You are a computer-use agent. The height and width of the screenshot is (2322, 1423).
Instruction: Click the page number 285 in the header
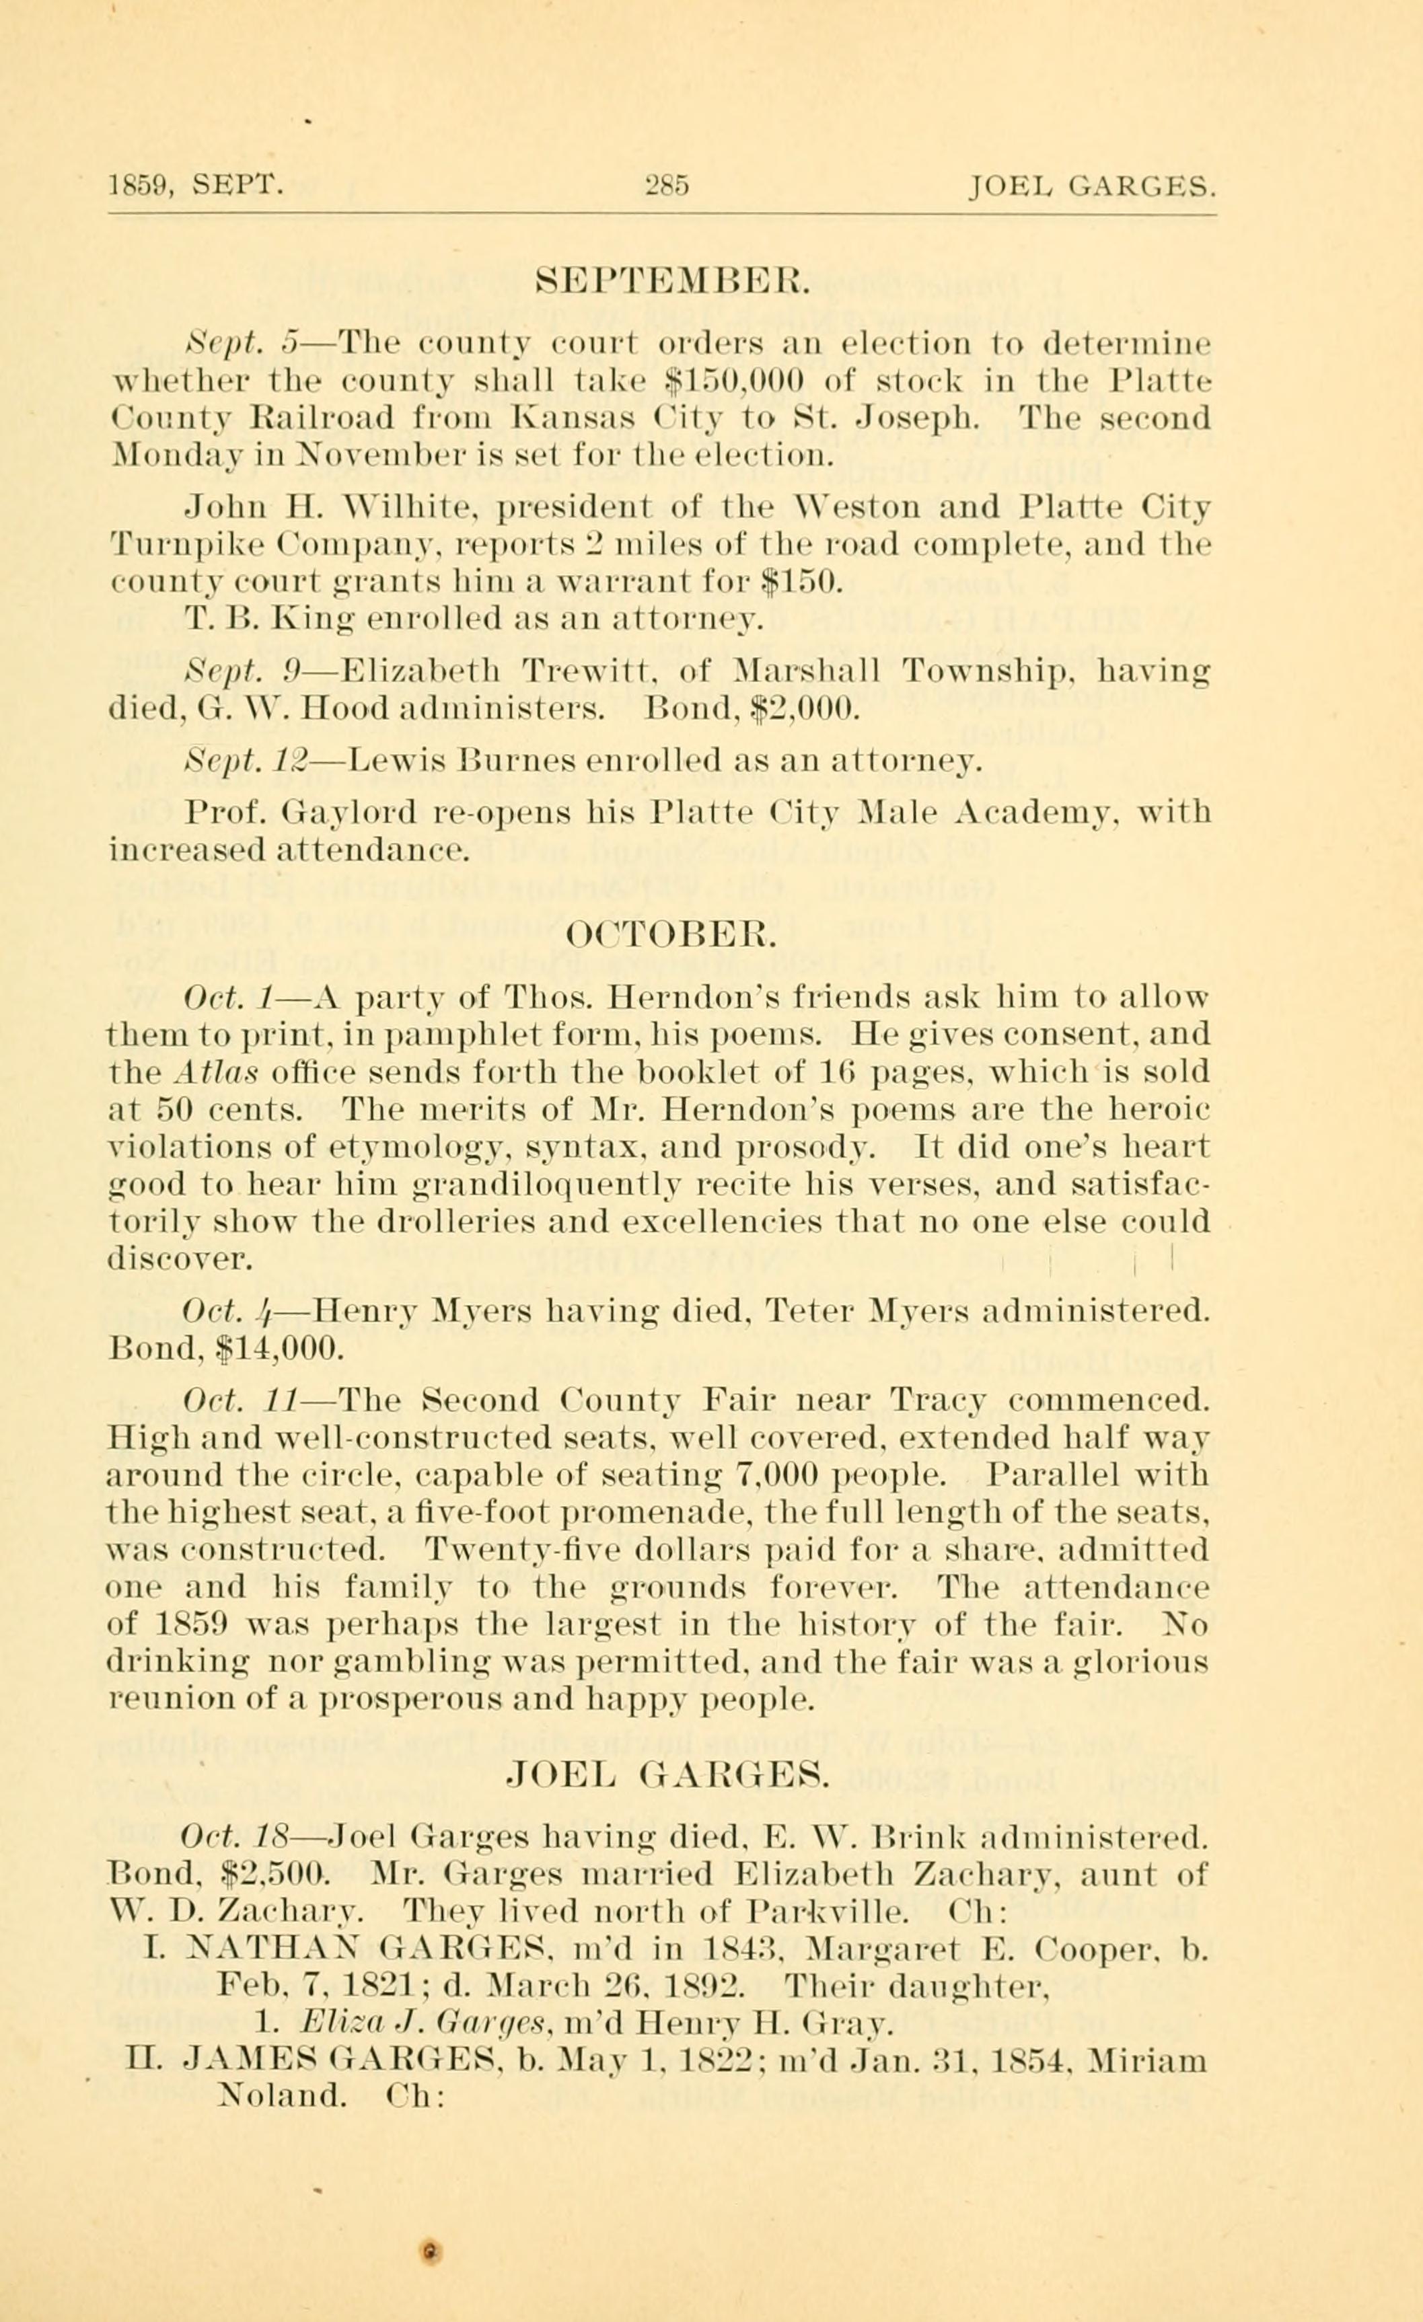tap(666, 185)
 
